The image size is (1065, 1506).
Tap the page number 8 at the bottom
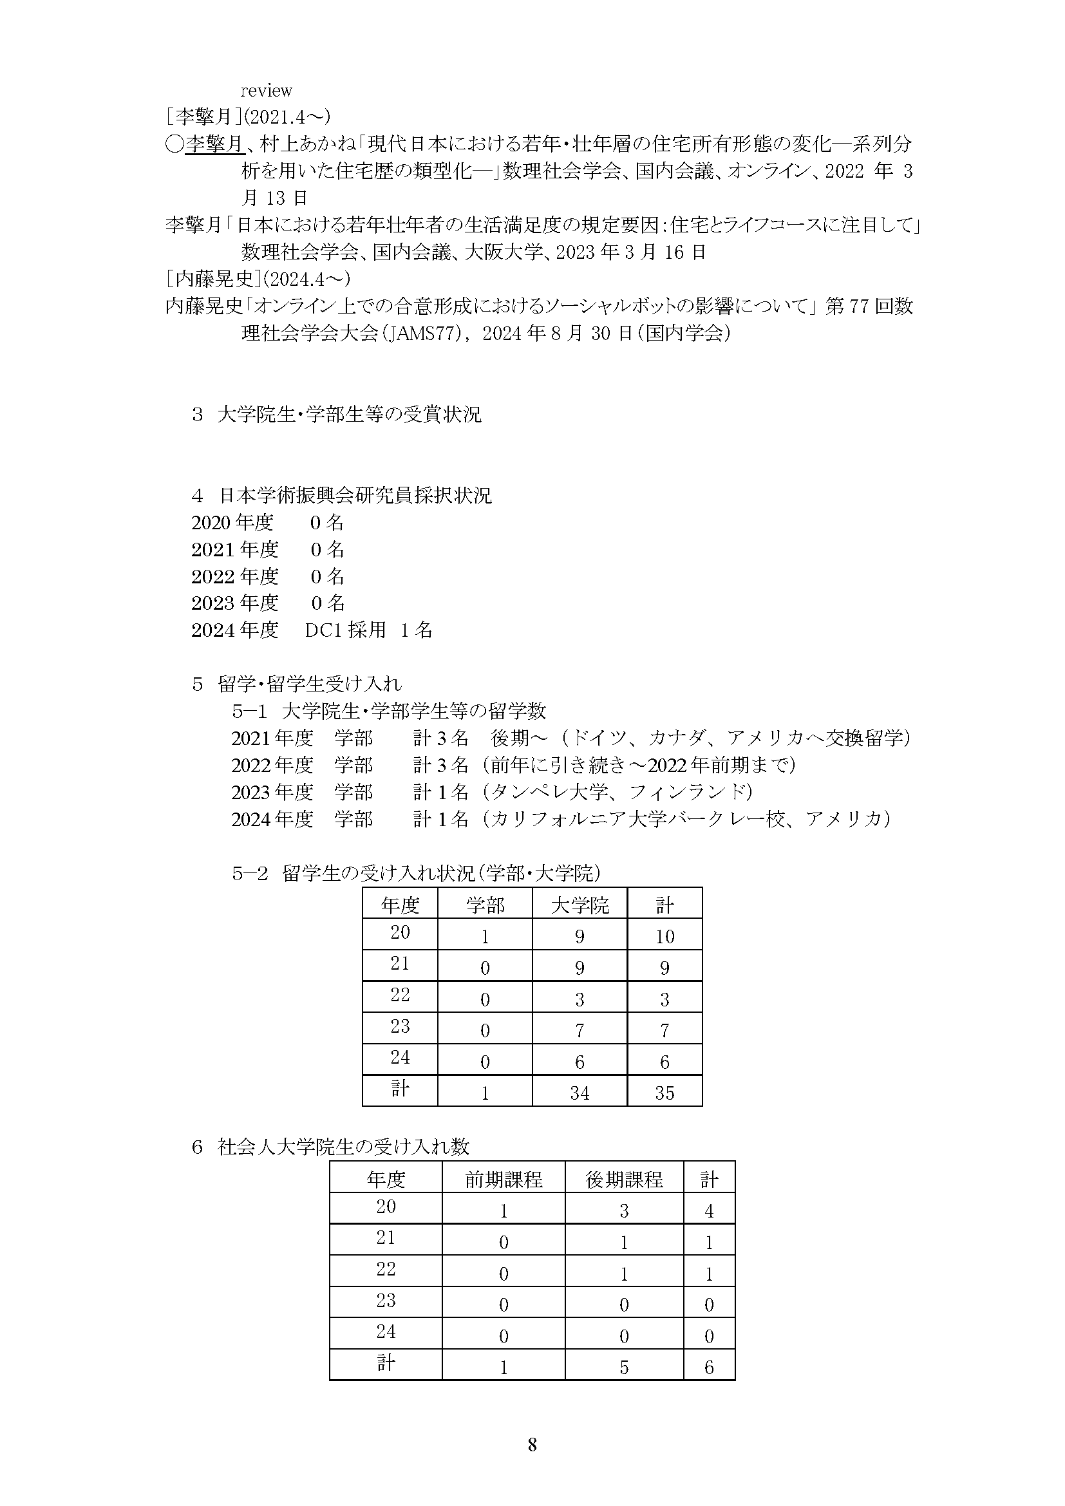(532, 1444)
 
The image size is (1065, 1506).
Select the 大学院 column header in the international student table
(580, 906)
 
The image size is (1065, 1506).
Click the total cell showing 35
(664, 1093)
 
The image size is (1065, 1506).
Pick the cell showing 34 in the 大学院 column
(580, 1093)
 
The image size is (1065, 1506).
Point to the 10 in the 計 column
(664, 937)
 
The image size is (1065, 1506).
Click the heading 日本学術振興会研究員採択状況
(355, 495)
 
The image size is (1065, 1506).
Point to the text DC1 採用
(345, 630)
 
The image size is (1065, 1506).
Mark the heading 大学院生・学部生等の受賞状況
(349, 415)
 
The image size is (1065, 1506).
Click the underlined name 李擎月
(214, 144)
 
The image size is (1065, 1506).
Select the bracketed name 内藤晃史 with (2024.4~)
(258, 279)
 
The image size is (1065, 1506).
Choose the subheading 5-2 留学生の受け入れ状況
(416, 874)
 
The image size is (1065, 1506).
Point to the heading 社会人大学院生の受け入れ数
(343, 1147)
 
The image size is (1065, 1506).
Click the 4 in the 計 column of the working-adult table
(708, 1211)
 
